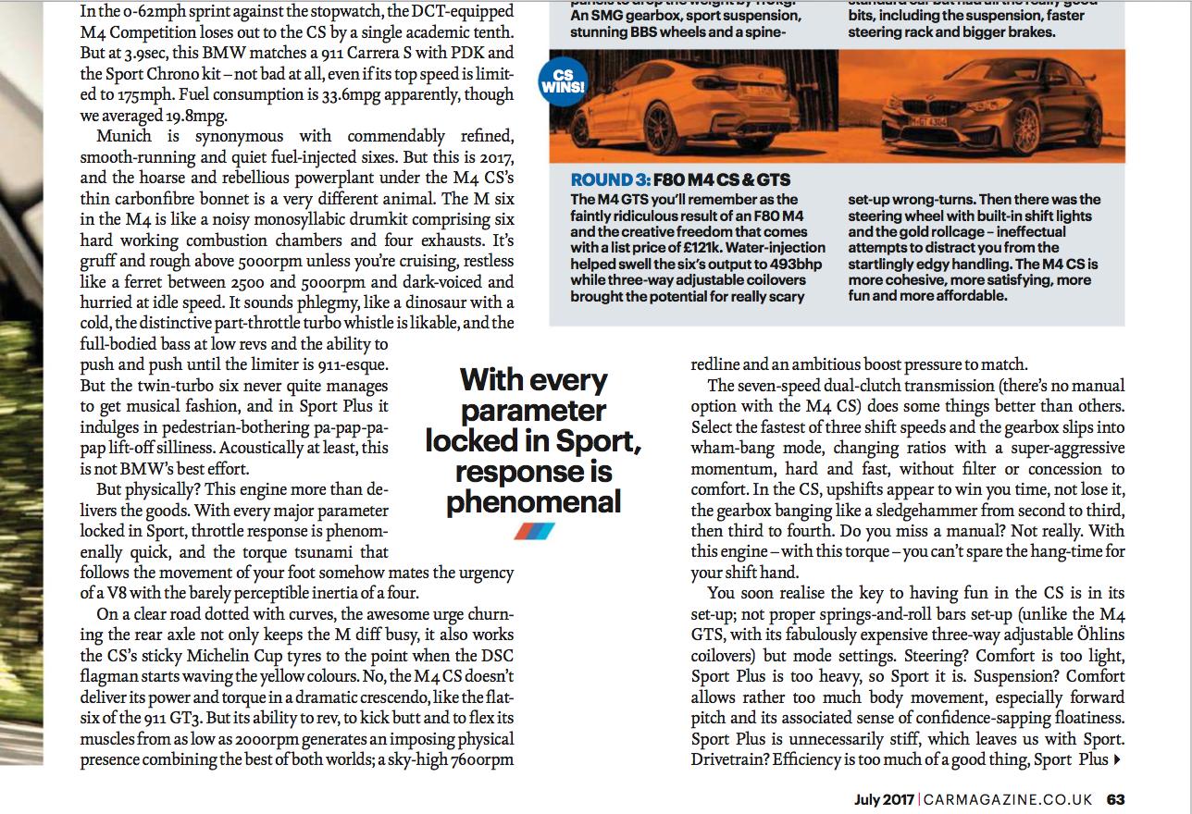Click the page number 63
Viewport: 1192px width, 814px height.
point(1115,799)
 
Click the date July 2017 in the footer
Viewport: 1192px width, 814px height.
point(884,799)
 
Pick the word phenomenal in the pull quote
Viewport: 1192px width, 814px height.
point(533,502)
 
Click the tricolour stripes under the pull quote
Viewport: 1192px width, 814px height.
point(534,531)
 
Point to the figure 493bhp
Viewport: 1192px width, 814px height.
point(797,265)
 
